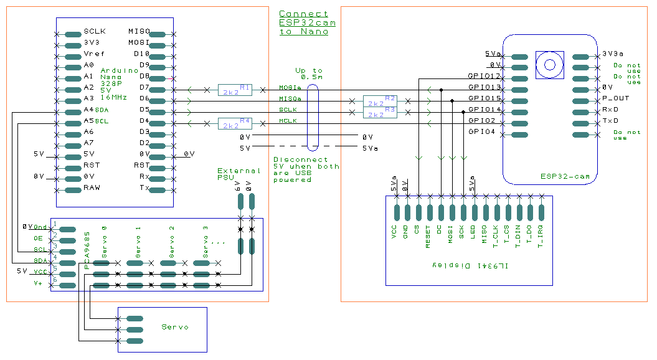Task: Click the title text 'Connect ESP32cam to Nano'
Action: coord(307,22)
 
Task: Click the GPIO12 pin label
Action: coord(484,76)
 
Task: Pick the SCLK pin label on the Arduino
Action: coord(95,31)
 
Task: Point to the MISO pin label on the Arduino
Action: coord(138,31)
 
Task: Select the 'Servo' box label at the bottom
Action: coord(174,327)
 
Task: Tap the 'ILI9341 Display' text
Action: coord(469,265)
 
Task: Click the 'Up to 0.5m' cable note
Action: coord(309,73)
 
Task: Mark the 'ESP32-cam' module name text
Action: coord(565,178)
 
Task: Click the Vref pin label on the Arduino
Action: coord(94,54)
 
